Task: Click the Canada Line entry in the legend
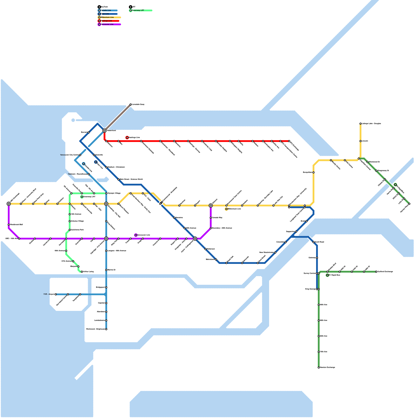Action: click(x=106, y=10)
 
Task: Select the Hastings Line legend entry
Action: click(x=106, y=21)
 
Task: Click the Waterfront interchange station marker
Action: click(x=104, y=131)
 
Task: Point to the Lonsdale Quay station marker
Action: click(x=131, y=104)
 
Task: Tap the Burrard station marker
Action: click(x=89, y=132)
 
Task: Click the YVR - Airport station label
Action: click(x=49, y=294)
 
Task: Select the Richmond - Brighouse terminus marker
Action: click(x=106, y=329)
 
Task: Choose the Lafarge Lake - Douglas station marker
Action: click(x=361, y=124)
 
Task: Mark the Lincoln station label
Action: click(x=365, y=141)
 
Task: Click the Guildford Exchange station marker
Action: click(x=376, y=272)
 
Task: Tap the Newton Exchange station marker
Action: click(x=319, y=368)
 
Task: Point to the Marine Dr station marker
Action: click(x=106, y=270)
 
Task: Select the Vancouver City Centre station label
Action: click(x=69, y=155)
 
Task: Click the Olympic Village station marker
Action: click(x=106, y=193)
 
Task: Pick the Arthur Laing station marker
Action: click(x=82, y=272)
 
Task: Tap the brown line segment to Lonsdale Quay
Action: click(x=118, y=118)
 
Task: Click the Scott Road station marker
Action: click(x=313, y=242)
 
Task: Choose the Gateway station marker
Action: click(x=317, y=258)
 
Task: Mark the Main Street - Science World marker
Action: click(x=118, y=179)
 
